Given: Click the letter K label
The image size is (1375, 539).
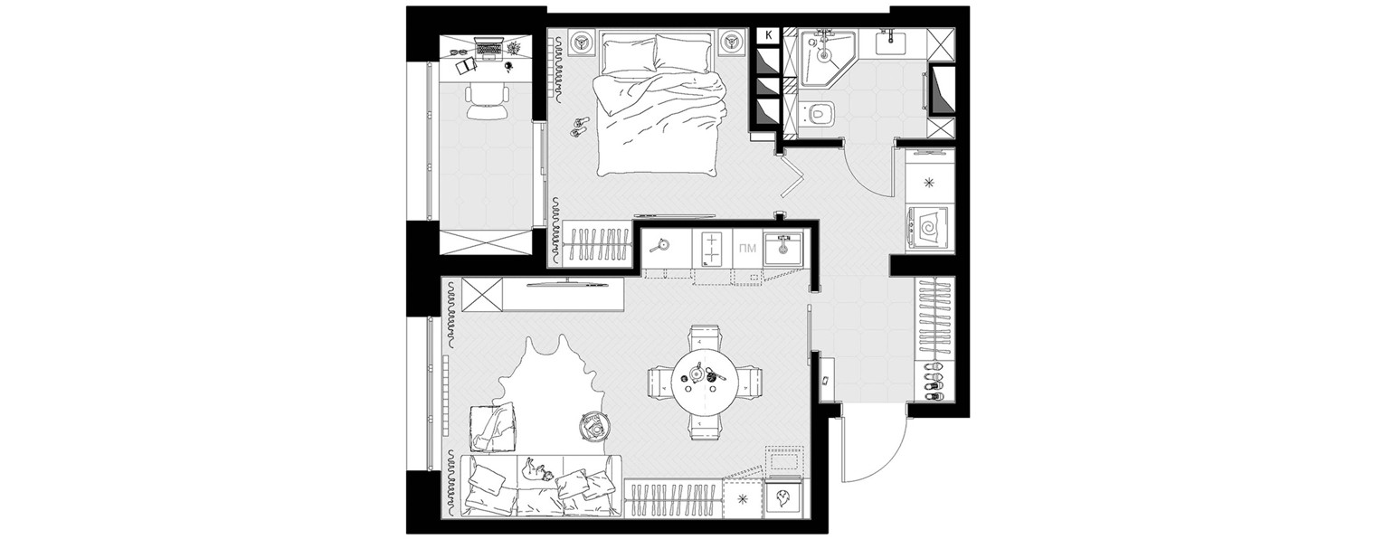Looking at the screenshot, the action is click(767, 35).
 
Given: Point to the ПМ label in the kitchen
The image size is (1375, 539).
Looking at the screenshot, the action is click(747, 248).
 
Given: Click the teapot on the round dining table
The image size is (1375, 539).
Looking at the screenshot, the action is click(697, 372).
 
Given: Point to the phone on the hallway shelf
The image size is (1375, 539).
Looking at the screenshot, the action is click(826, 380).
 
